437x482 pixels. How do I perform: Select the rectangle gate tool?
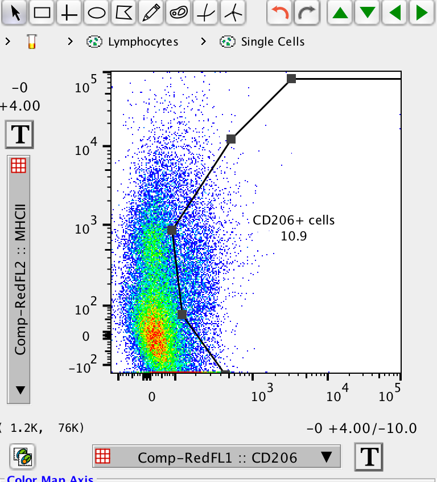(x=43, y=13)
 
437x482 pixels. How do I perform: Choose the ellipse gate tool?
(x=97, y=13)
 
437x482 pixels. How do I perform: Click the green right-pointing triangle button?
(x=422, y=13)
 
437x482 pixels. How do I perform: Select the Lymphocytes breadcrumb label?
(x=143, y=42)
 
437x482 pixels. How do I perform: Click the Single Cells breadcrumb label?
(x=273, y=42)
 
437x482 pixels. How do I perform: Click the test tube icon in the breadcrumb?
(x=32, y=42)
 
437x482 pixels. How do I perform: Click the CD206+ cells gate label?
(x=294, y=220)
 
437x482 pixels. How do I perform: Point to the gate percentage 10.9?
(x=294, y=235)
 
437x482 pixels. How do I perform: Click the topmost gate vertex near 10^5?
(x=291, y=79)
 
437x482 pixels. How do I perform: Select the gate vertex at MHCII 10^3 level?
(x=172, y=230)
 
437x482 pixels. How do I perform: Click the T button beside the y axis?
(x=20, y=134)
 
